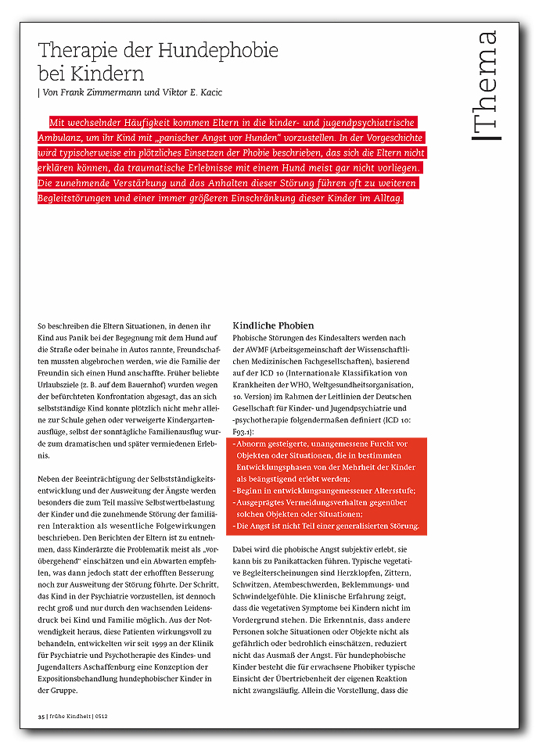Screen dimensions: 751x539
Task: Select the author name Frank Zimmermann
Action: [x=102, y=93]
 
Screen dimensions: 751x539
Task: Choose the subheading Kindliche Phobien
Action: [x=273, y=325]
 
